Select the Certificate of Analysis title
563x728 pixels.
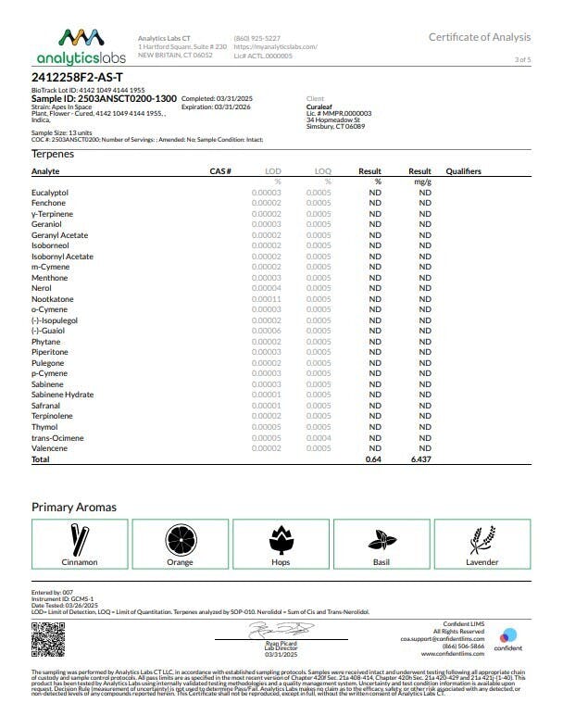479,37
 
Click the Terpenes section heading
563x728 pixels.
53,154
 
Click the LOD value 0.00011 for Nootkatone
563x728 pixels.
266,299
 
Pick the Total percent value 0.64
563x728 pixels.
373,459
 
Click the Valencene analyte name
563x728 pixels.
49,448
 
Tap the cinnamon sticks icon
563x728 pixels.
79,539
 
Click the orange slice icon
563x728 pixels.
180,539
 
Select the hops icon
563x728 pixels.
281,539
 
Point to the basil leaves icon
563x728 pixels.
382,539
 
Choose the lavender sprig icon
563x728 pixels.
482,539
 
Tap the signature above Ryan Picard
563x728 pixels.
280,629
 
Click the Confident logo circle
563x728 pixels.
510,635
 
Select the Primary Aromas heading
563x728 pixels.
74,507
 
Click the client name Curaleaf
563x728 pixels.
320,107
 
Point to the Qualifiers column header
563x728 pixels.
463,171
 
